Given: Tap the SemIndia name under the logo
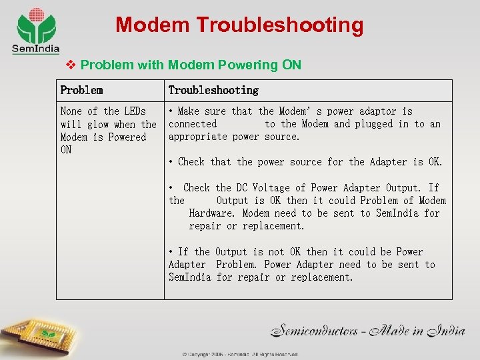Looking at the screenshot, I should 35,49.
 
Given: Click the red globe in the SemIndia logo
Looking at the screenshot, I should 36,14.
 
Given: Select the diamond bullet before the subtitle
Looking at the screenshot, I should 71,65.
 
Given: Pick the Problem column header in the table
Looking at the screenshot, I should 81,90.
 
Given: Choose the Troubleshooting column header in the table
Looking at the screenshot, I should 213,90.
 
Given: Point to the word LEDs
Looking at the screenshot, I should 134,111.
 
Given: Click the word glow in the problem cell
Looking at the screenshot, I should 98,124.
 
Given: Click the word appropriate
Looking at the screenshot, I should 197,137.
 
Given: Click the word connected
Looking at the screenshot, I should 193,124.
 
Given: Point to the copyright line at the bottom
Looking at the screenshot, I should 240,355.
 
